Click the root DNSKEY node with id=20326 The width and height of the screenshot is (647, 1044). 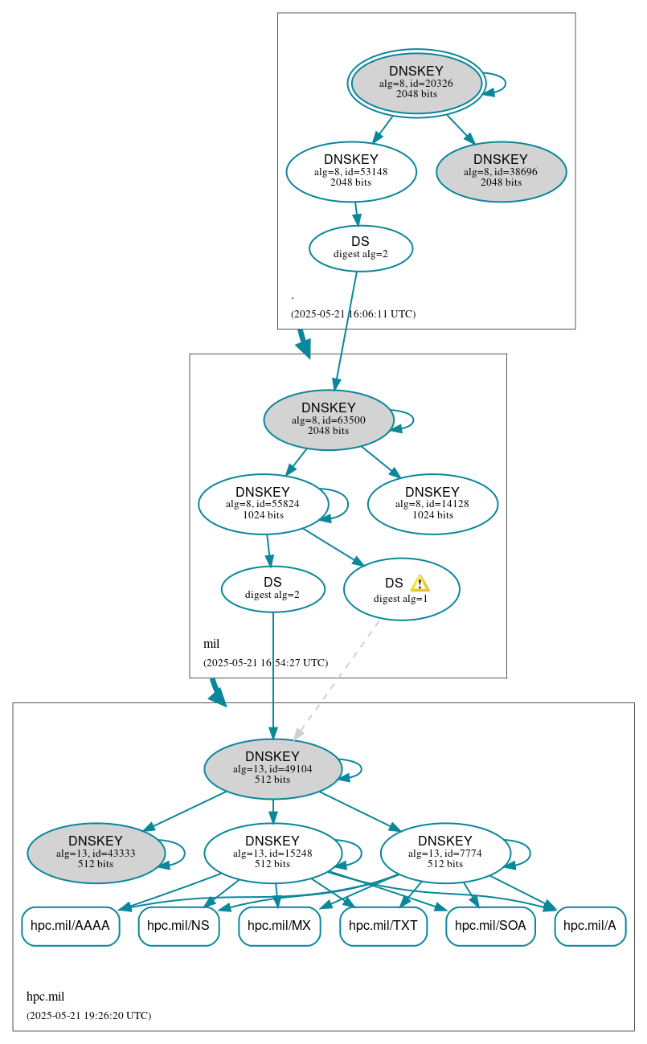coord(416,83)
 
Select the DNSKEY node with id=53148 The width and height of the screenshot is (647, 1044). coord(351,171)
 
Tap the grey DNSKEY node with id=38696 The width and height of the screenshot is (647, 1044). coord(501,171)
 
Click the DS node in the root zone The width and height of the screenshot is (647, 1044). coord(360,248)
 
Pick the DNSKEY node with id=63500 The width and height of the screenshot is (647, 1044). coord(328,420)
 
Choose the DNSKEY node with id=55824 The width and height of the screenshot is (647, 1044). coord(263,504)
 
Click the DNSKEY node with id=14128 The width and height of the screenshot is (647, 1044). coord(432,504)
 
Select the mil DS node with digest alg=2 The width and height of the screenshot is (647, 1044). coord(272,589)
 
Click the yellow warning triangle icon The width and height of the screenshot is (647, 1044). coord(420,583)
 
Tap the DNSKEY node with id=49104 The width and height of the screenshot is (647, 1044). coord(272,768)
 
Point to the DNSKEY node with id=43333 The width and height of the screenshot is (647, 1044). coord(96,853)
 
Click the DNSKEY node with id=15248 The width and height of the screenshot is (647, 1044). coord(272,853)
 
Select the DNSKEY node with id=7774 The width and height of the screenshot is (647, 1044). coord(444,853)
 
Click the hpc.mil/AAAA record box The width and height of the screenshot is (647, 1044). coord(70,926)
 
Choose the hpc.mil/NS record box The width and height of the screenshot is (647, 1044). coord(178,926)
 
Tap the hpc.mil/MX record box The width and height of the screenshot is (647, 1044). coord(279,926)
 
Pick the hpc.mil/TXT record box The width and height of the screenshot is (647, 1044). coord(383,926)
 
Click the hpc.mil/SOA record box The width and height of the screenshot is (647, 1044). coord(490,926)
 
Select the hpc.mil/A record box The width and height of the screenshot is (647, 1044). coord(590,926)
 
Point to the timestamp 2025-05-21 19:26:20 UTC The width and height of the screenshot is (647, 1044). coord(88,1016)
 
